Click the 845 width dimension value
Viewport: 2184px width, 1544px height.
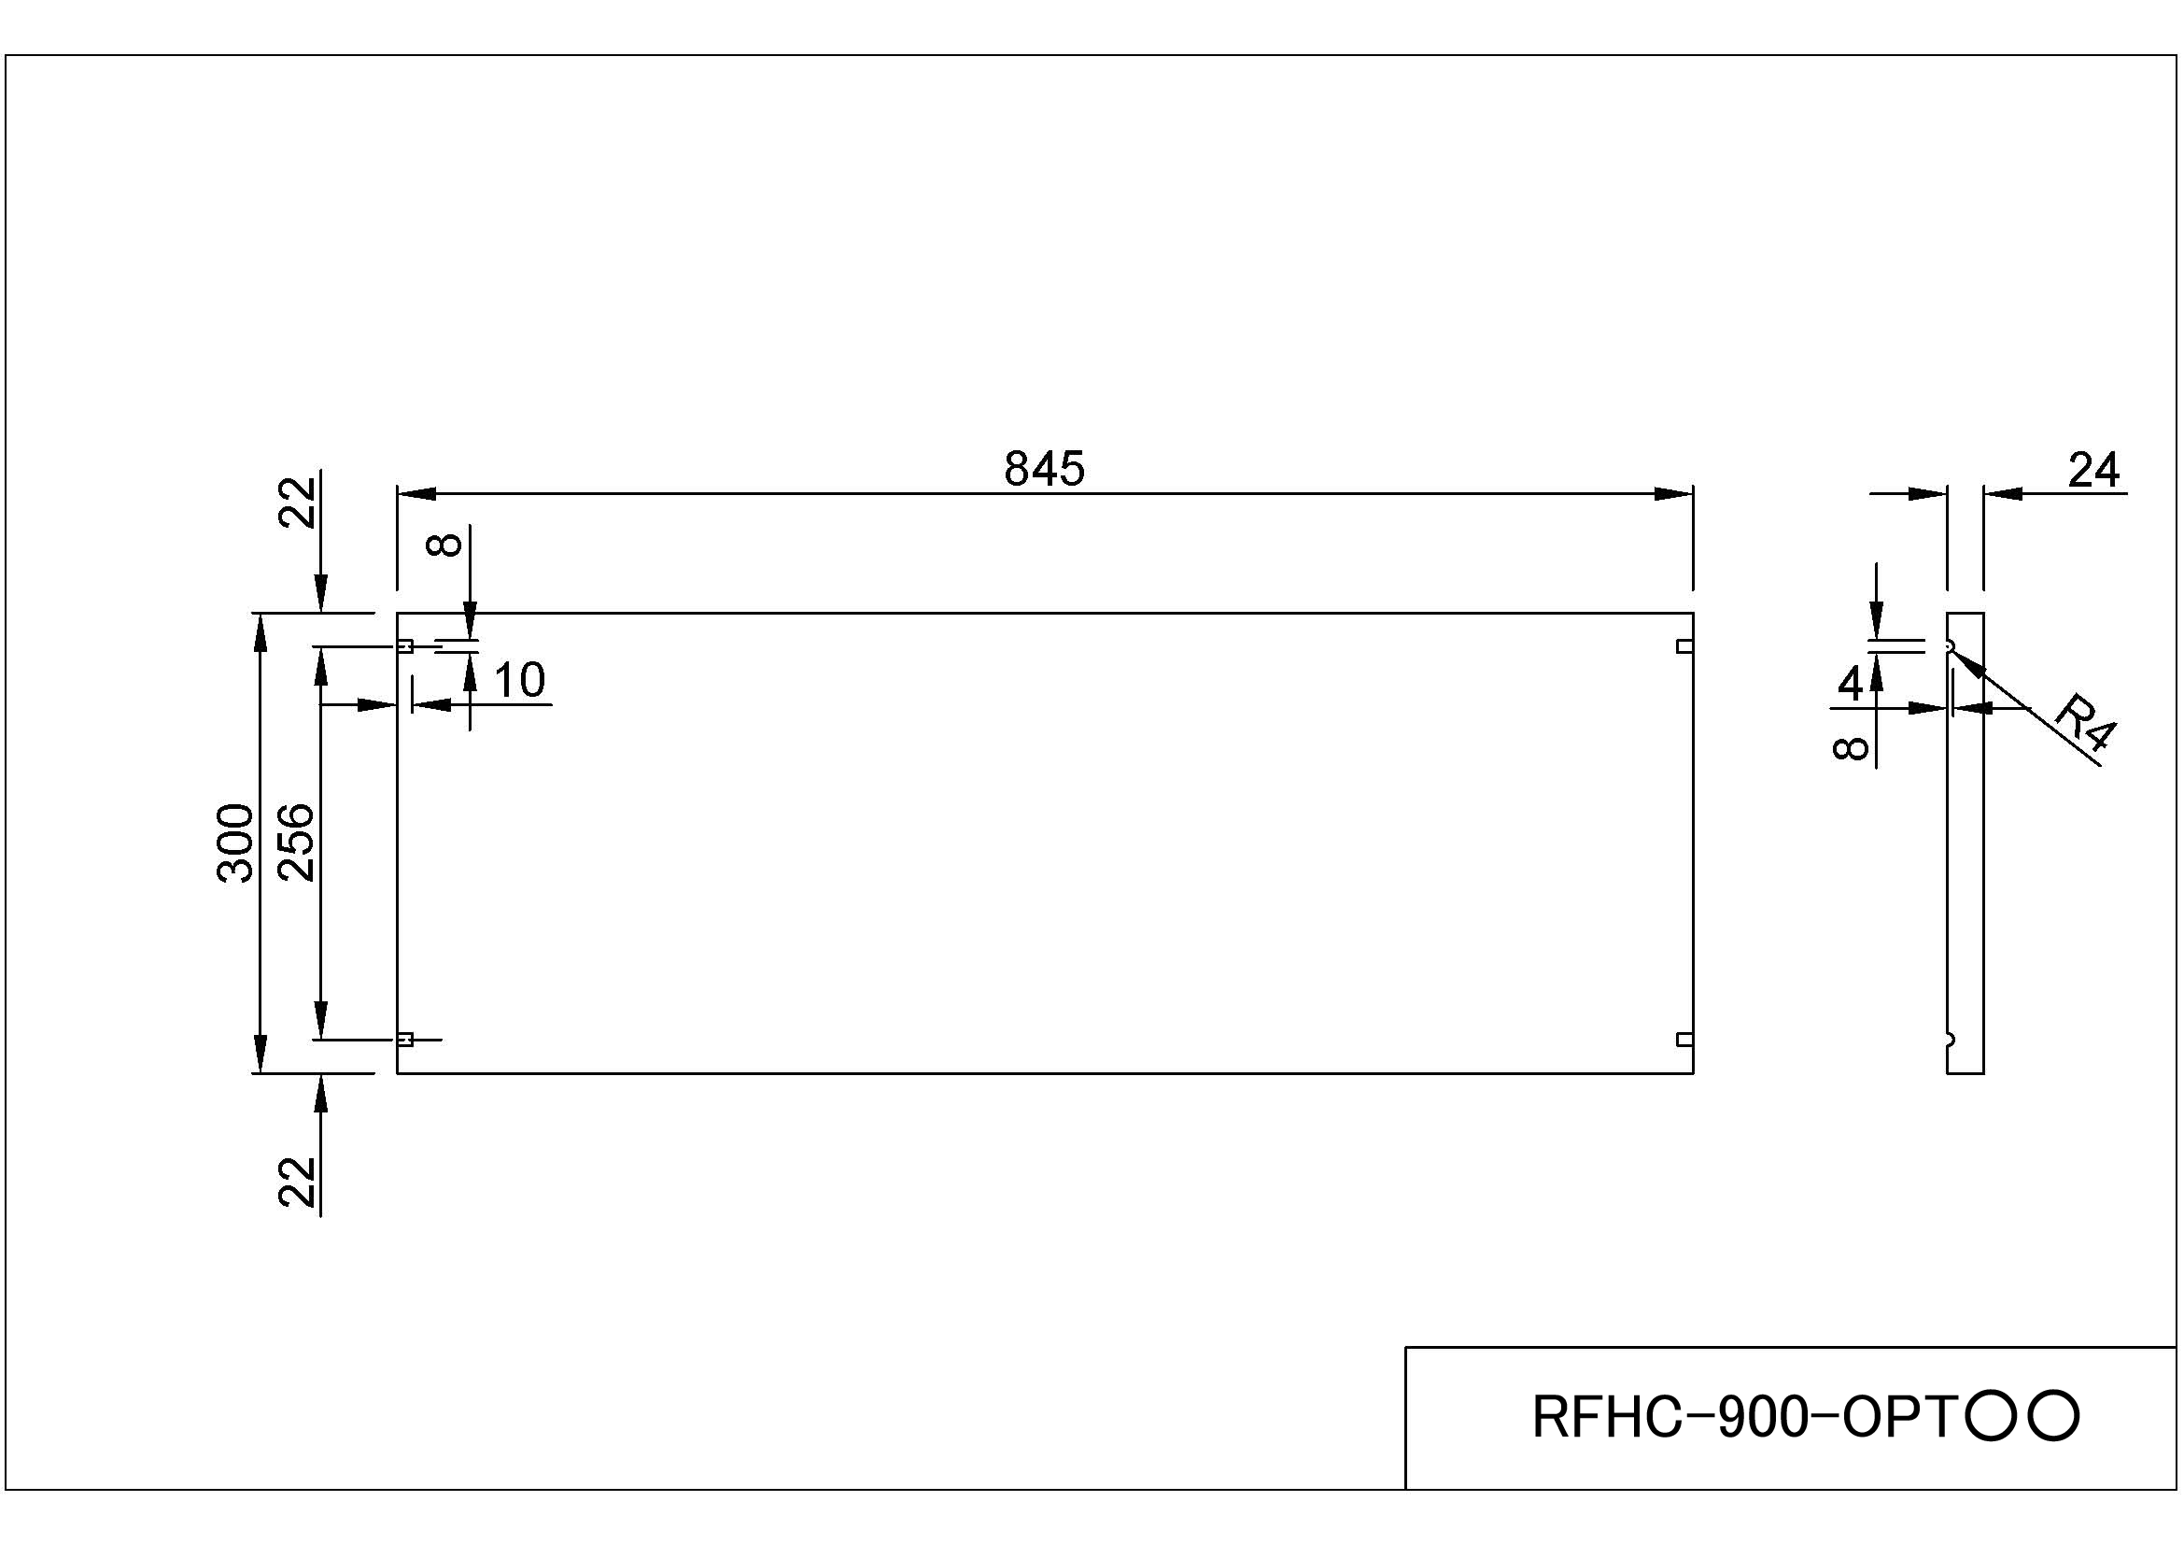pos(1044,469)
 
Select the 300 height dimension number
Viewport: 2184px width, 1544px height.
pos(236,843)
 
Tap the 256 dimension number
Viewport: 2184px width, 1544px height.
pos(296,843)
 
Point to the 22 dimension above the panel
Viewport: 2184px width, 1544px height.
pos(297,503)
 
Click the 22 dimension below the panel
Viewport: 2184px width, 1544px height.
pos(297,1182)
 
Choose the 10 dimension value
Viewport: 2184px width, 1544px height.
pos(519,680)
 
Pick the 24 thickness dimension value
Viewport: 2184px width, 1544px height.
pos(2093,470)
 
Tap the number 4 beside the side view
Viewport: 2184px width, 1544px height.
pos(1850,683)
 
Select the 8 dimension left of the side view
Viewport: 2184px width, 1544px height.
pos(1850,749)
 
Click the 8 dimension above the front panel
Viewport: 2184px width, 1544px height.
pos(445,545)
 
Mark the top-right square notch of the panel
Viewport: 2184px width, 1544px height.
pos(1684,647)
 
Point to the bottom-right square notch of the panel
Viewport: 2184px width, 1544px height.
pos(1684,1040)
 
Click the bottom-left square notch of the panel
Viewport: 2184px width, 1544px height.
pos(405,1040)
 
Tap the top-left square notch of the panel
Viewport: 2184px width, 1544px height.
pos(405,647)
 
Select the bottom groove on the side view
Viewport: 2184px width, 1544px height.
pos(1950,1040)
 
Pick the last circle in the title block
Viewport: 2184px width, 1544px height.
pos(2052,1418)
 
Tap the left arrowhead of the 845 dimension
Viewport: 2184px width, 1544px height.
pos(416,494)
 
